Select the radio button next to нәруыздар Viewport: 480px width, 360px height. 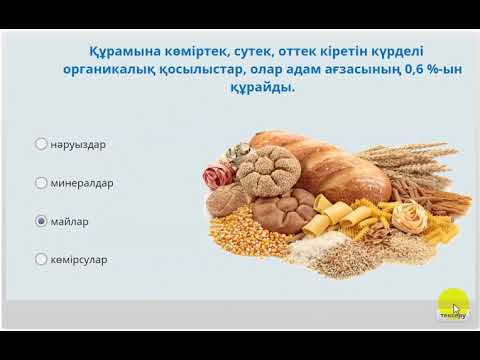[x=41, y=144]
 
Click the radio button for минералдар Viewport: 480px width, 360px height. [x=41, y=183]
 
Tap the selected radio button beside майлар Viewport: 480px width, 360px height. [x=41, y=221]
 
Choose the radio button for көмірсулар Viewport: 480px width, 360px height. [x=41, y=260]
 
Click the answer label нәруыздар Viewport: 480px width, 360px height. [x=77, y=144]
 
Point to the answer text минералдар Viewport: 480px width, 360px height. [x=82, y=183]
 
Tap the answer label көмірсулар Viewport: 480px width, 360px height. [x=79, y=260]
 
